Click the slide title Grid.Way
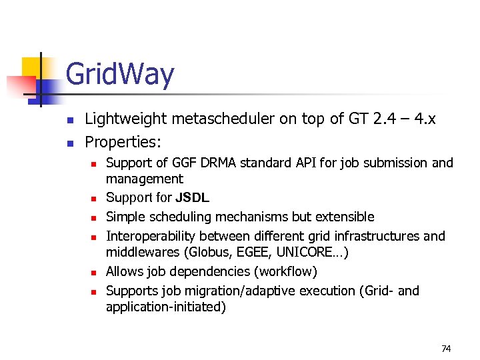pyautogui.click(x=120, y=75)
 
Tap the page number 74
pyautogui.click(x=446, y=349)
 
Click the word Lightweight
pyautogui.click(x=127, y=119)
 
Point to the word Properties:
pyautogui.click(x=124, y=142)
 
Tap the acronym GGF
pyautogui.click(x=183, y=163)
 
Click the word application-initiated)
pyautogui.click(x=166, y=307)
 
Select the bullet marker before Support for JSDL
pyautogui.click(x=95, y=198)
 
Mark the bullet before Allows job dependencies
pyautogui.click(x=95, y=272)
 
